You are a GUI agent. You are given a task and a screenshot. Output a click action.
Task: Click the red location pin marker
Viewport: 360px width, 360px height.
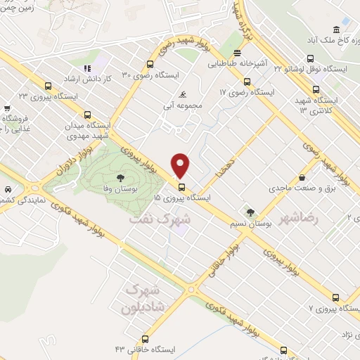(181, 165)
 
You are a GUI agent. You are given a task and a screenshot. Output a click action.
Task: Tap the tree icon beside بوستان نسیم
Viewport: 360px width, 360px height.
(249, 212)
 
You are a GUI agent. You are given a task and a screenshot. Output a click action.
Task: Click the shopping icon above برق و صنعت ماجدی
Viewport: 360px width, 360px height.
(302, 177)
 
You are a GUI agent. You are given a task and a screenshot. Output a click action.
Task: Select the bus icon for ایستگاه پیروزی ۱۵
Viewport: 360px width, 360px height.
(181, 188)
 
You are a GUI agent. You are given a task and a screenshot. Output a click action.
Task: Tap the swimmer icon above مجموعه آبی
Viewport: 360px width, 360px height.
(183, 94)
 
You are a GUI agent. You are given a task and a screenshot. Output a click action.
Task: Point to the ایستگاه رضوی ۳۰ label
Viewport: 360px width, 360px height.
(150, 74)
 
